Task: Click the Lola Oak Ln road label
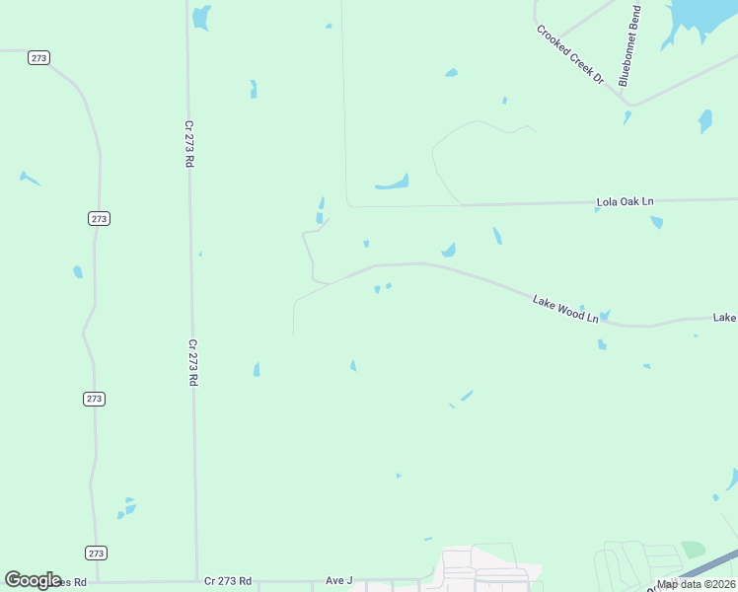(625, 201)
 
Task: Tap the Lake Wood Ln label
(565, 309)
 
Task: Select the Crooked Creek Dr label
(569, 54)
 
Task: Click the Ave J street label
(338, 580)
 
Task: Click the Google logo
(33, 580)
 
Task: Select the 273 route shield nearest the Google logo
(96, 553)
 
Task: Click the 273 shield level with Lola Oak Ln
(98, 218)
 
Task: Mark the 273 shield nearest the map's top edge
(38, 58)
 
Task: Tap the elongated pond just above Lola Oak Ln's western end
(393, 184)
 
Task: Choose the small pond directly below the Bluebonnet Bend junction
(627, 117)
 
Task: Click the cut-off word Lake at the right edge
(725, 318)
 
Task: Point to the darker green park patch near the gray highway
(694, 549)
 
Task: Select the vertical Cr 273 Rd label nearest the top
(187, 144)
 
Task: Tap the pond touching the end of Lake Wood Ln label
(604, 315)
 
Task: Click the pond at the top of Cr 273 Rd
(201, 16)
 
